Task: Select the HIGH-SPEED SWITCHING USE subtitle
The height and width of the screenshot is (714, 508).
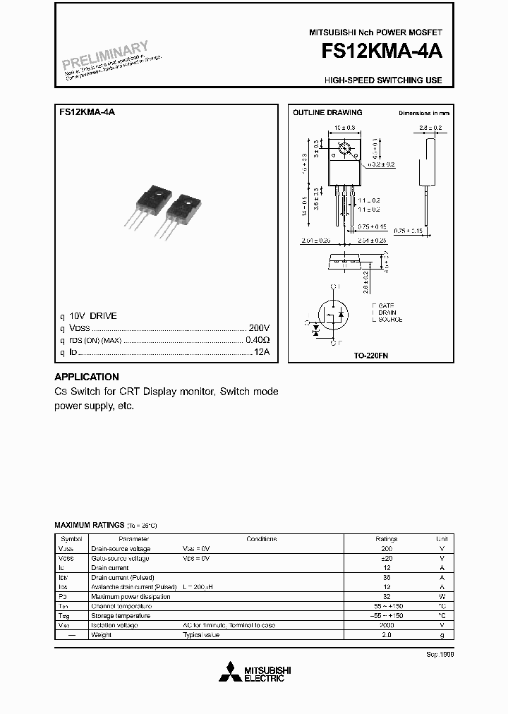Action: point(383,80)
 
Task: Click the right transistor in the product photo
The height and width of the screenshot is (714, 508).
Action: point(182,210)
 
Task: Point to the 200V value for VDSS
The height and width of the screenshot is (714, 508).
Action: point(259,328)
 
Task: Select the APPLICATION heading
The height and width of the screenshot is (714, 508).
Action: point(87,377)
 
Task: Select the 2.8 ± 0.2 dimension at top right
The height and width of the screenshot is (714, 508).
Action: point(430,128)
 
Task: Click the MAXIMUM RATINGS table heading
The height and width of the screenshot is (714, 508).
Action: point(88,526)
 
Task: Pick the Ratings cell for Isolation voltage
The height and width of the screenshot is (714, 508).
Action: point(387,625)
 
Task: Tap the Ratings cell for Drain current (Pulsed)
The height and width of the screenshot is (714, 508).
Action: point(387,577)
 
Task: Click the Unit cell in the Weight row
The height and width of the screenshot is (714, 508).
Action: point(442,635)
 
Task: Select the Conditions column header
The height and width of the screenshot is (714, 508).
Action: point(261,539)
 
